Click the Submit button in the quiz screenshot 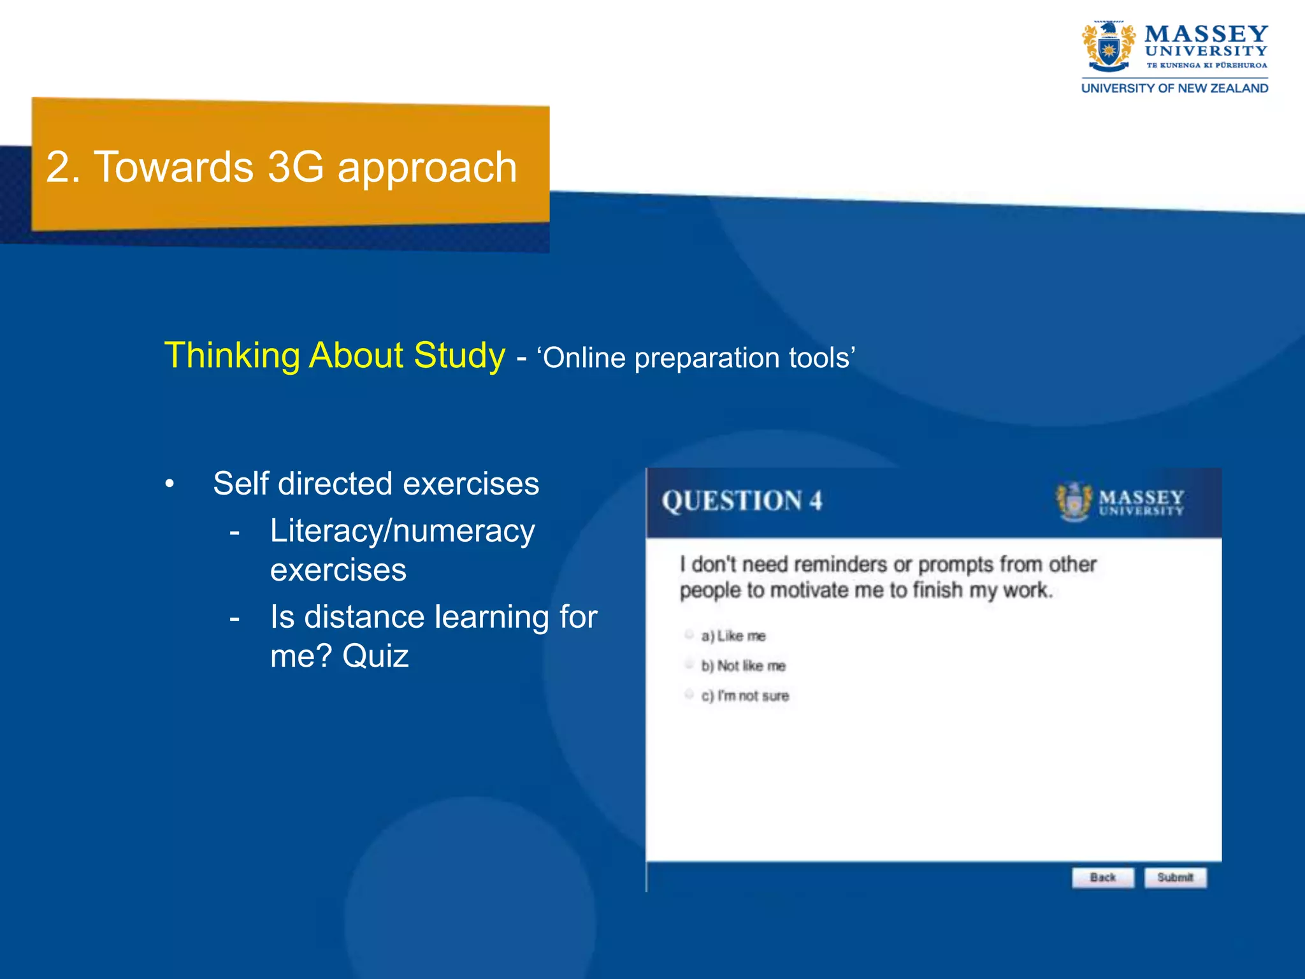pos(1175,877)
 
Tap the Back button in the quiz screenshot pos(1102,877)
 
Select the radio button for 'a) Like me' pos(689,634)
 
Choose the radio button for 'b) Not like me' pos(689,664)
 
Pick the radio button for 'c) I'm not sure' pos(689,694)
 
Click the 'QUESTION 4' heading pos(742,501)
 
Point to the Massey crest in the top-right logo pos(1108,47)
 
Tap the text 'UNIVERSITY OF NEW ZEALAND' pos(1174,88)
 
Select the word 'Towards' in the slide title pos(173,167)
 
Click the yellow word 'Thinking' pos(232,356)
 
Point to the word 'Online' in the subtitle pos(584,358)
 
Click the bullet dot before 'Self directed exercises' pos(169,484)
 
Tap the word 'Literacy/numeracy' pos(402,531)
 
